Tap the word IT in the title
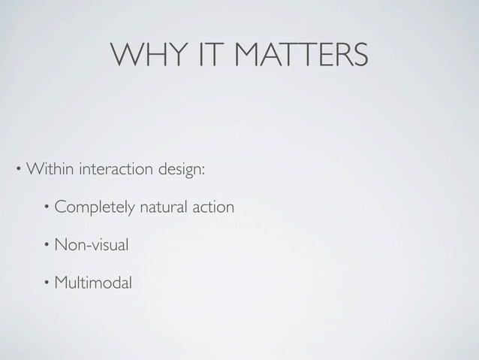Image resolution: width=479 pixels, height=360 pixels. tap(201, 54)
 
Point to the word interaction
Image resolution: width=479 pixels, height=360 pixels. tap(115, 167)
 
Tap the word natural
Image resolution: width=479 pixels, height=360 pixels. tap(164, 206)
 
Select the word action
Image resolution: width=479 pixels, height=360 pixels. tap(214, 206)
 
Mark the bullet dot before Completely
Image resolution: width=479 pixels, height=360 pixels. tap(47, 205)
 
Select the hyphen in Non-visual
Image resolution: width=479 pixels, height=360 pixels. tap(89, 246)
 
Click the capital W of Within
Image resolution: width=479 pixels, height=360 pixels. tap(34, 167)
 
